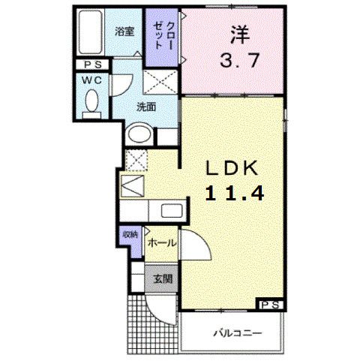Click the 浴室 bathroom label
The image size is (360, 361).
click(124, 32)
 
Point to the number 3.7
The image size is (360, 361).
click(239, 62)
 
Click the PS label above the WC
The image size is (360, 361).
click(91, 65)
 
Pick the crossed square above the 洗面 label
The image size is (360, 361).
click(159, 80)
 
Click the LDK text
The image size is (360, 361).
click(232, 167)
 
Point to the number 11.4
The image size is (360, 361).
click(235, 194)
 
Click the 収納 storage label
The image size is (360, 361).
click(130, 235)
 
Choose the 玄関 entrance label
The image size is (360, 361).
click(163, 279)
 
